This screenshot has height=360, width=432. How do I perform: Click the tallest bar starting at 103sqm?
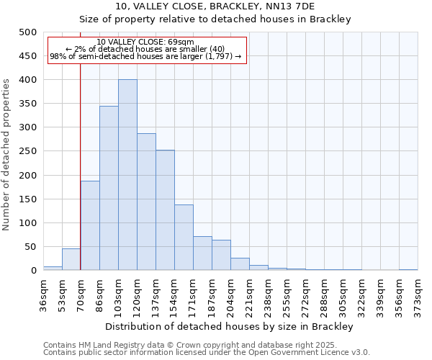coord(127,175)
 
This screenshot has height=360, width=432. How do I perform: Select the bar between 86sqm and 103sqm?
coord(109,188)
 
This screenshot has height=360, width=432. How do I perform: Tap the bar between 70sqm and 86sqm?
coord(90,225)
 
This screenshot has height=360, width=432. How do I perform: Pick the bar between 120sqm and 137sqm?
coord(146,202)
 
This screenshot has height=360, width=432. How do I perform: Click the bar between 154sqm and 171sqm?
coord(184,238)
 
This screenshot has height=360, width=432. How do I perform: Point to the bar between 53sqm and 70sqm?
coord(71,259)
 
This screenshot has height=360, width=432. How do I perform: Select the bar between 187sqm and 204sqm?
coord(221,256)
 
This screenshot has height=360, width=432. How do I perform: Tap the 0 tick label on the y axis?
coord(33,271)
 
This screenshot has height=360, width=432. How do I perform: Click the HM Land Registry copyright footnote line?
coord(206,345)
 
